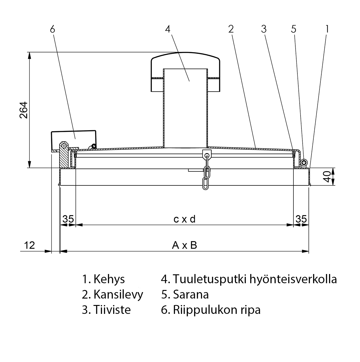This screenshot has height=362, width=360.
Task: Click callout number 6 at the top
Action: point(52,29)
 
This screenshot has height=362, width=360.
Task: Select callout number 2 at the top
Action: point(231,29)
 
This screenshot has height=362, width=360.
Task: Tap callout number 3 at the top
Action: point(264,29)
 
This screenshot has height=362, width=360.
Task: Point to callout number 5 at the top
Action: point(294,29)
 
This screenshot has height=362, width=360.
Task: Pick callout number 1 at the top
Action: point(327,29)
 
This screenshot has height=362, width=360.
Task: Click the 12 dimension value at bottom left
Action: point(29,245)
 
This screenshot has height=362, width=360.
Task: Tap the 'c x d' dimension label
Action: point(184,219)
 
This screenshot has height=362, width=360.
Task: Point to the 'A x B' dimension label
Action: point(184,245)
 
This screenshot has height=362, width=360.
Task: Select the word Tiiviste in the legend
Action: point(112,310)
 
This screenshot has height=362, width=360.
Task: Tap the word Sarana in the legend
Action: point(191,294)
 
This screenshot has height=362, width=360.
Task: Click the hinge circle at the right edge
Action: point(304,163)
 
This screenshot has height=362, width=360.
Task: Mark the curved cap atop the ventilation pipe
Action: point(186,57)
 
